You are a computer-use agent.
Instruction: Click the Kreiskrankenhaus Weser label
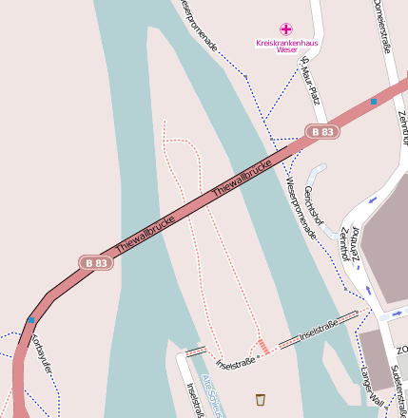pos(287,46)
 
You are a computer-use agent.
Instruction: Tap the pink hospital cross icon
pos(286,29)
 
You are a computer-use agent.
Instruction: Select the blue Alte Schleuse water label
pos(210,393)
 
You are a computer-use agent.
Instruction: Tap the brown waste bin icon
pos(261,400)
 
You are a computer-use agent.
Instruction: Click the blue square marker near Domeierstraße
pos(374,101)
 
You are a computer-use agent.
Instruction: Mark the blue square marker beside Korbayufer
pos(31,320)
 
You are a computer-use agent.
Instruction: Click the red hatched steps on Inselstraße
pos(263,347)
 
